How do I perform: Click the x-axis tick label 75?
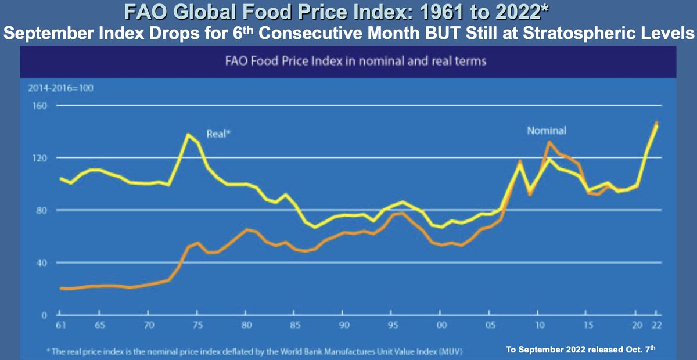197,326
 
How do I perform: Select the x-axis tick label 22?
656,326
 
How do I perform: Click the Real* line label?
219,134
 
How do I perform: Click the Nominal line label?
546,131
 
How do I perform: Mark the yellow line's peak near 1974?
188,135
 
